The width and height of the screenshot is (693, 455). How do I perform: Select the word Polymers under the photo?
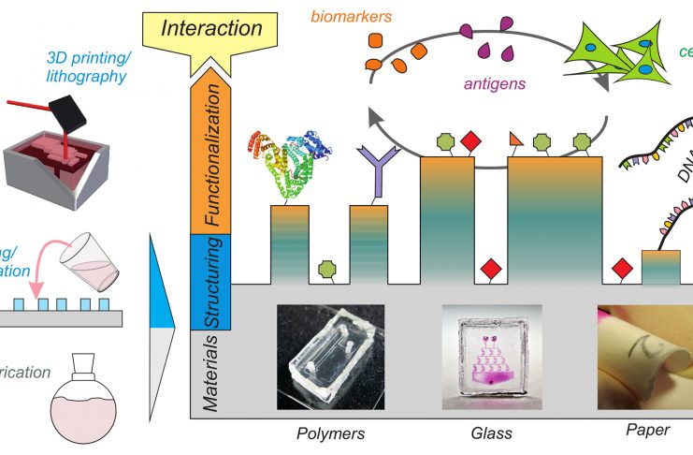point(330,433)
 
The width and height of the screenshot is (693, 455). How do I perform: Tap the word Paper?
point(647,431)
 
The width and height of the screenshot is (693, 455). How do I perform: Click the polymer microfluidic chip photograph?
point(330,357)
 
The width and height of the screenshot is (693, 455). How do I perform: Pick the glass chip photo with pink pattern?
point(489,357)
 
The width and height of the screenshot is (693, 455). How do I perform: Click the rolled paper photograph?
point(645,357)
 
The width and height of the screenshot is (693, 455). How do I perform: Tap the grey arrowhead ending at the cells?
point(599,81)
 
